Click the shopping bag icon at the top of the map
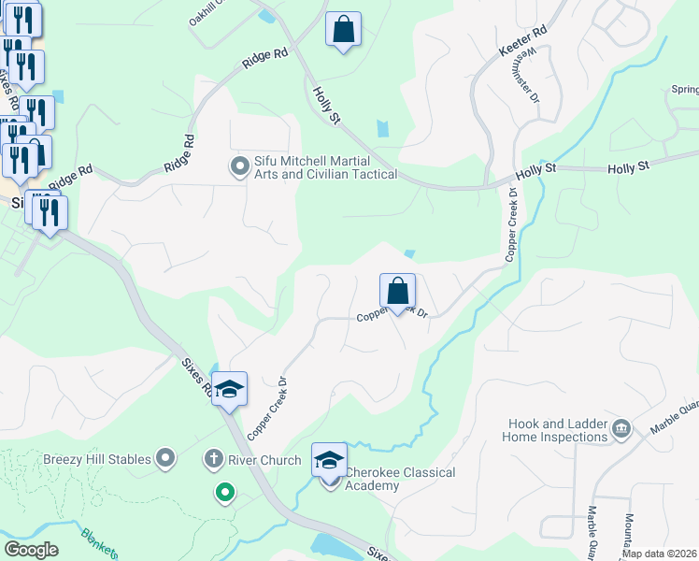click(x=344, y=29)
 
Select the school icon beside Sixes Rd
click(x=228, y=388)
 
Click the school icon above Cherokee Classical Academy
click(x=329, y=459)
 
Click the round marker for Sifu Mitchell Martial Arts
click(x=239, y=167)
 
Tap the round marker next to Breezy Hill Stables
click(x=166, y=459)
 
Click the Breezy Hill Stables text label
click(x=96, y=459)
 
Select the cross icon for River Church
click(x=213, y=459)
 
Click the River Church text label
click(x=265, y=460)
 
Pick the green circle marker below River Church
click(x=224, y=492)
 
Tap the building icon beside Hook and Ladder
click(x=621, y=430)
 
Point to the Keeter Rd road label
click(x=524, y=42)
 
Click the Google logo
click(x=30, y=550)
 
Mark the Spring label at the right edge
click(x=684, y=90)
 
